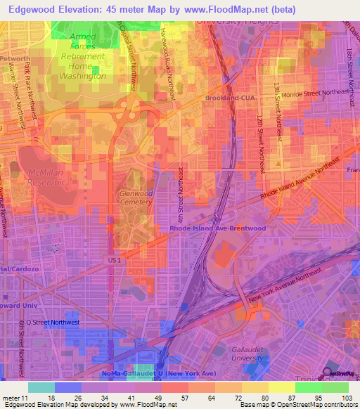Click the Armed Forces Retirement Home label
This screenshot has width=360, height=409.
click(82, 56)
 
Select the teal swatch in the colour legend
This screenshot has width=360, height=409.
click(41, 387)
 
